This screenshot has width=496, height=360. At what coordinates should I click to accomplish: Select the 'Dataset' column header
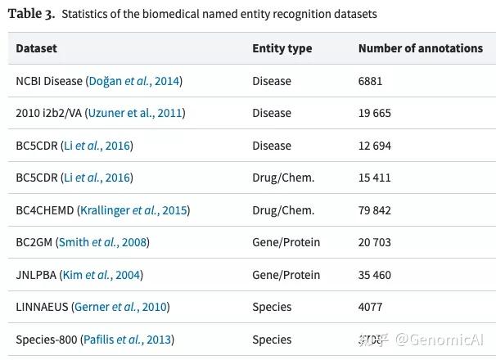point(37,48)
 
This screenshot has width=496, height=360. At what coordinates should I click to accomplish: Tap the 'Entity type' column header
point(282,48)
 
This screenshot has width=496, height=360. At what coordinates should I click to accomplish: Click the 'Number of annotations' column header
point(421,48)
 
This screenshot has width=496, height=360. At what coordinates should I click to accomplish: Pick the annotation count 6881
point(371,81)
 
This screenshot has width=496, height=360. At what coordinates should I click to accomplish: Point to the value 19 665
point(375,113)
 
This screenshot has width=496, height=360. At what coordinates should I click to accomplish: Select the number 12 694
point(375,146)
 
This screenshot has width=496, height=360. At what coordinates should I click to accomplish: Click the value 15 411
point(375,178)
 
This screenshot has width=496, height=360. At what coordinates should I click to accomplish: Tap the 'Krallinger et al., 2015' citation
point(133,210)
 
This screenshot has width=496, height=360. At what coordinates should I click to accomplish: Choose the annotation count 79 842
point(375,210)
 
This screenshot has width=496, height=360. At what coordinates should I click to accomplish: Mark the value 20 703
point(375,242)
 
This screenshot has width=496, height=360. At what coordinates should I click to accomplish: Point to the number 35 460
point(375,275)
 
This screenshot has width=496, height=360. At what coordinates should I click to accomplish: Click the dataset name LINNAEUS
point(42,307)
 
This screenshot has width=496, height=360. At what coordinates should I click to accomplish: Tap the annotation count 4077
point(371,307)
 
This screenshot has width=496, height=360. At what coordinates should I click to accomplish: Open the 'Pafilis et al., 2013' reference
point(127,340)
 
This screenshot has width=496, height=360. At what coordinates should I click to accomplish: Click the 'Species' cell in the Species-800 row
point(272,340)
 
